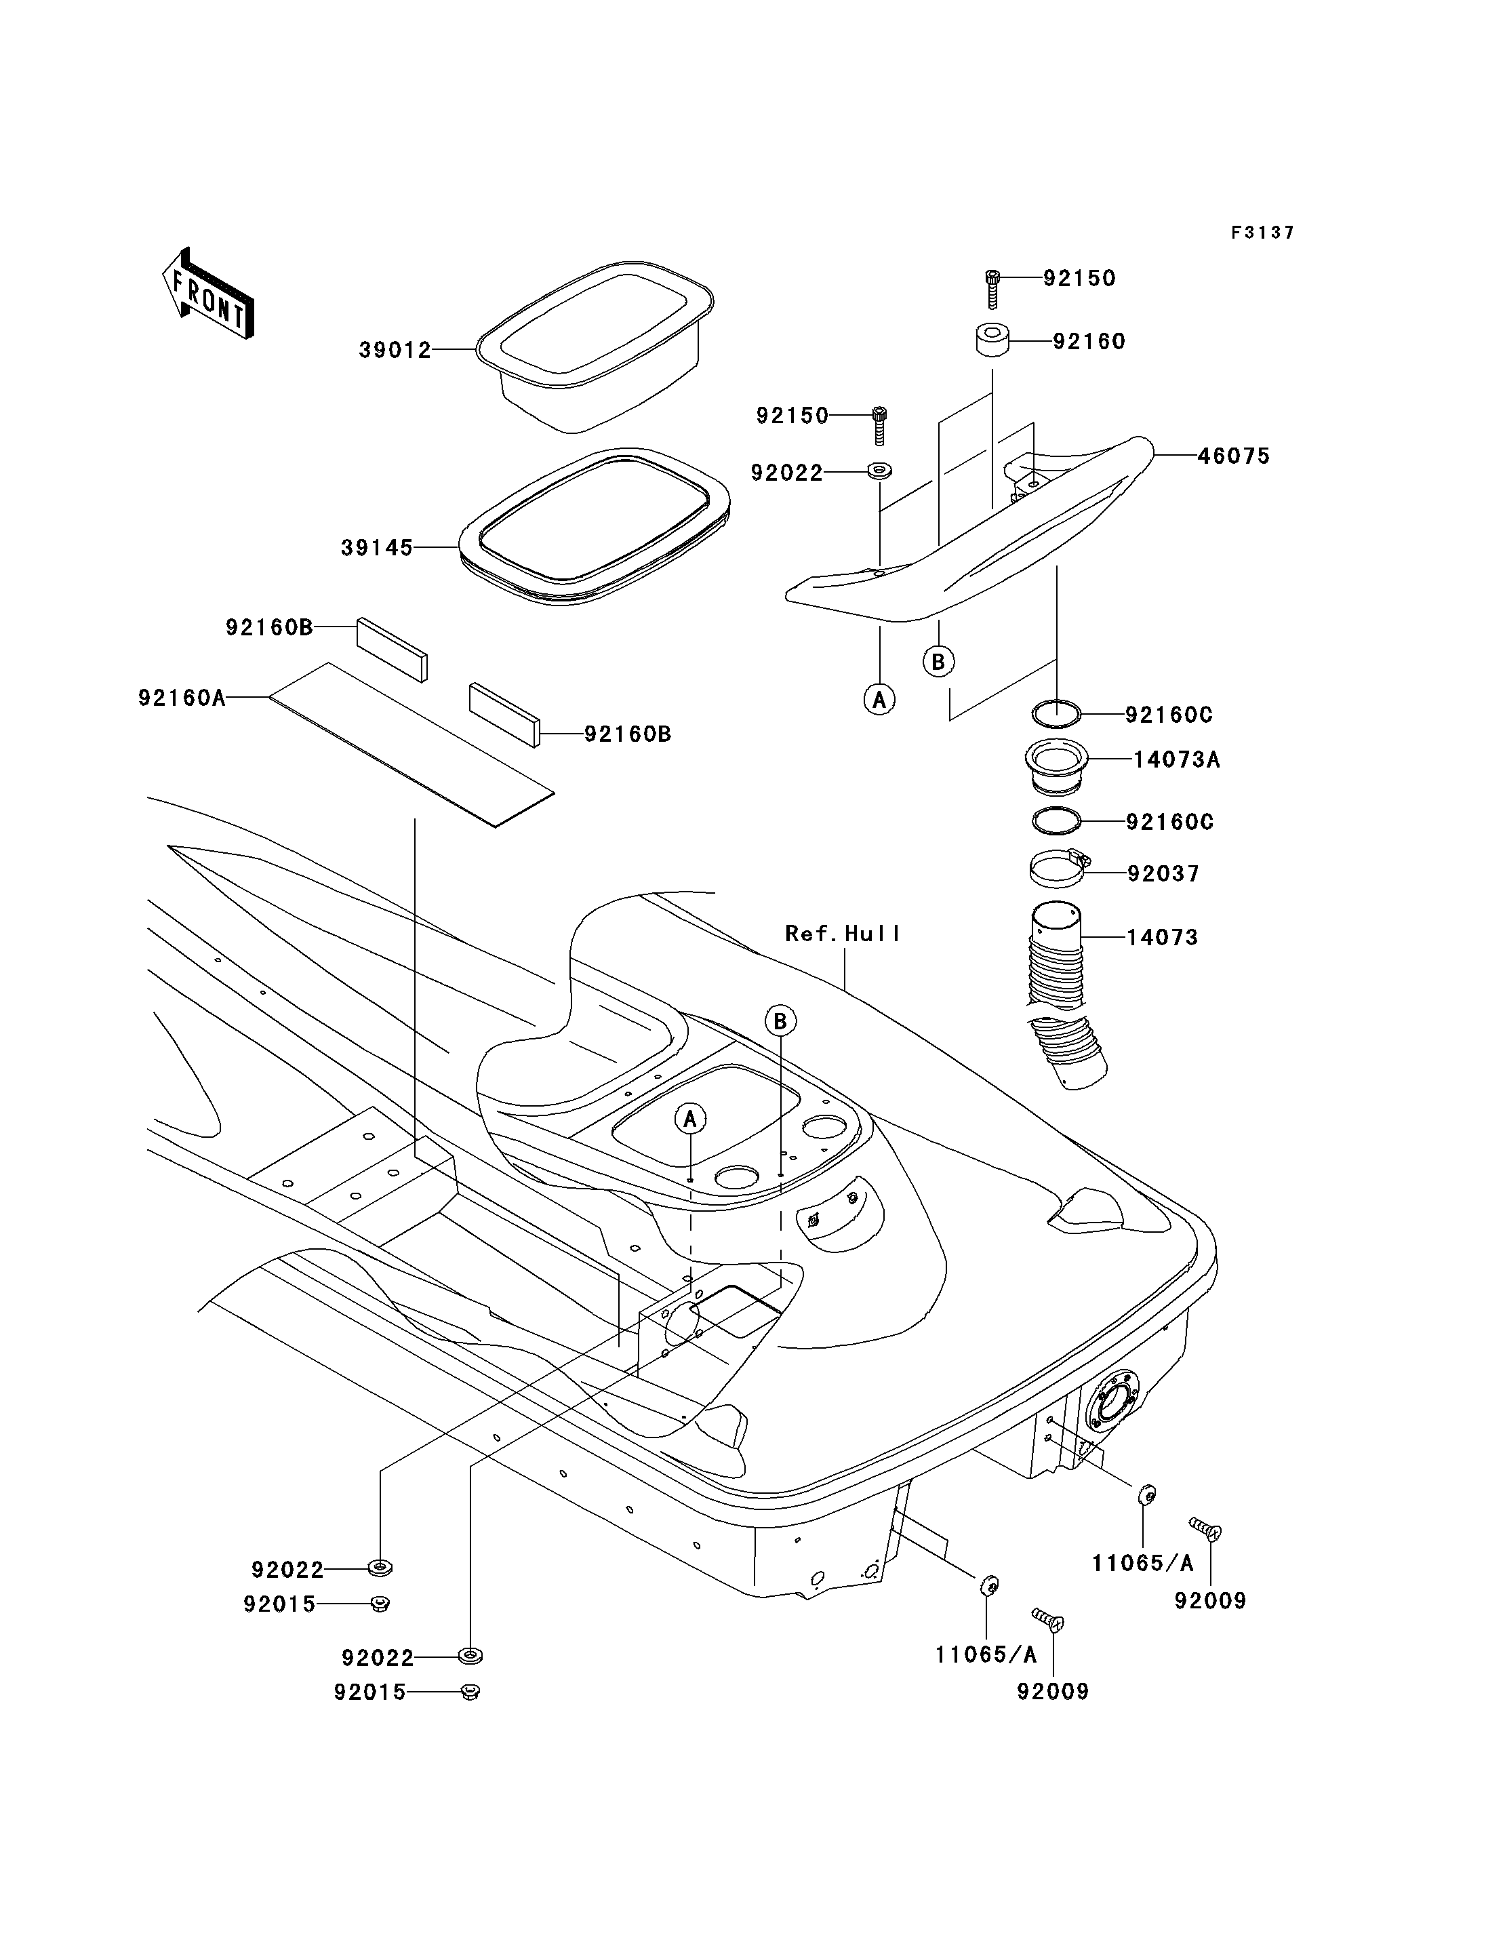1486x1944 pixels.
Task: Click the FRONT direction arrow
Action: pos(209,294)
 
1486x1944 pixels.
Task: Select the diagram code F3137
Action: pos(1263,233)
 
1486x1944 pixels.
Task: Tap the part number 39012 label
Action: pos(395,351)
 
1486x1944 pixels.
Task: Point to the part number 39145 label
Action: pos(377,549)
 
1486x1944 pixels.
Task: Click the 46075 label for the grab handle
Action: pos(1234,456)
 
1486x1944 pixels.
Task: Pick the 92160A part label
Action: pos(181,698)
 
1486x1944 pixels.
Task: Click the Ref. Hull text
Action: pos(842,934)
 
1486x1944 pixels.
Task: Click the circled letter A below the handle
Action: pos(879,700)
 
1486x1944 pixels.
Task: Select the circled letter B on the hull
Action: pos(780,1022)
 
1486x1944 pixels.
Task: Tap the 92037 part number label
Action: pos(1163,874)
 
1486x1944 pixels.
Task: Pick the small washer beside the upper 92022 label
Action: pos(880,470)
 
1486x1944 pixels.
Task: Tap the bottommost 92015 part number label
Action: pos(369,1692)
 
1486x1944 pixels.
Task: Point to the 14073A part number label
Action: pos(1176,760)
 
